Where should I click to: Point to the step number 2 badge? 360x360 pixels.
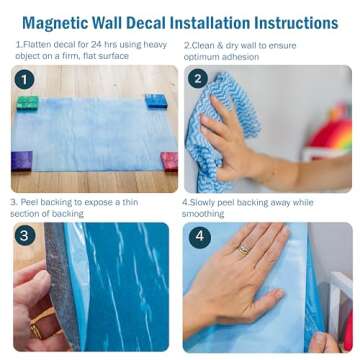pos(198,79)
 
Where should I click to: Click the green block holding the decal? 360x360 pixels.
pos(28,103)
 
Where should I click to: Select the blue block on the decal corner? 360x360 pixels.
pos(155,101)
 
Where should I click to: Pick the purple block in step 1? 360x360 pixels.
pos(21,160)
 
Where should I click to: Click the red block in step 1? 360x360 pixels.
pos(168,160)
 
